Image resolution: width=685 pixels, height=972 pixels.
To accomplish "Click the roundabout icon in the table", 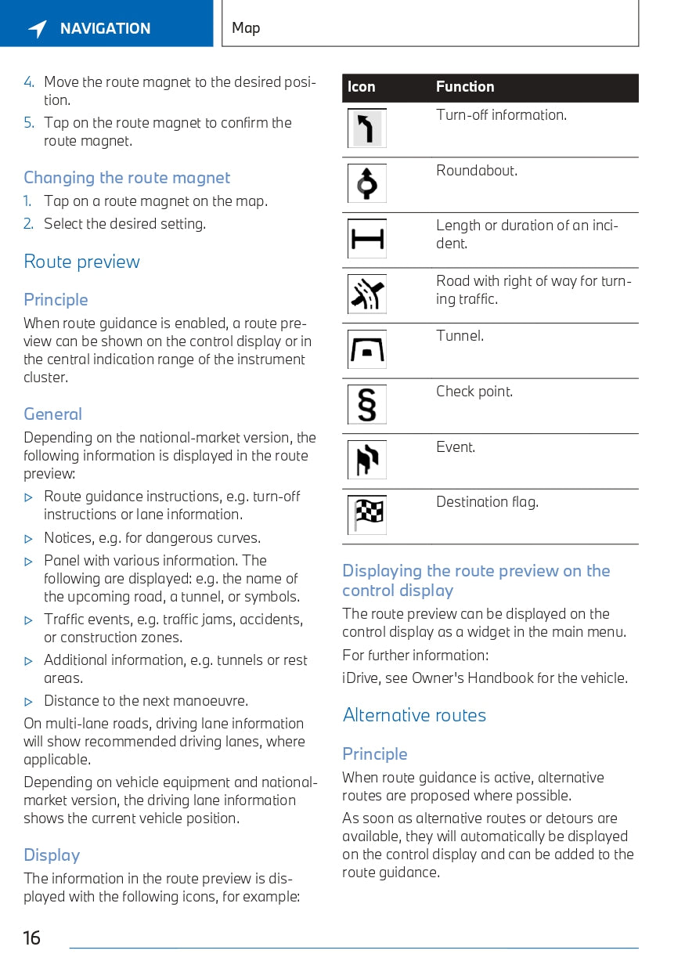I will pyautogui.click(x=367, y=184).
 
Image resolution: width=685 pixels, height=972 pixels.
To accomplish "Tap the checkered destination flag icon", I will pyautogui.click(x=367, y=515).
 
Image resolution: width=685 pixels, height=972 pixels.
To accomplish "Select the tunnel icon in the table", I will pyautogui.click(x=367, y=349).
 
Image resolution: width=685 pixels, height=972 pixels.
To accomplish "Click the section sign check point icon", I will pyautogui.click(x=367, y=405).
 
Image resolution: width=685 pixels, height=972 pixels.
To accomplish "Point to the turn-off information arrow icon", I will pyautogui.click(x=367, y=128).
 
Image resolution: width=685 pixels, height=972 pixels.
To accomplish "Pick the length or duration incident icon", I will pyautogui.click(x=367, y=239).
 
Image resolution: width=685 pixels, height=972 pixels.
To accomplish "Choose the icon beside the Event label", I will pyautogui.click(x=367, y=460).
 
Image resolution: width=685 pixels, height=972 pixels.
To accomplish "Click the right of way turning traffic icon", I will pyautogui.click(x=367, y=294).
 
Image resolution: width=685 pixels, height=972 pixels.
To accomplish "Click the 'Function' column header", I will pyautogui.click(x=465, y=87).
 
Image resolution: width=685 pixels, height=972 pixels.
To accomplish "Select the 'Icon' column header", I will pyautogui.click(x=362, y=87).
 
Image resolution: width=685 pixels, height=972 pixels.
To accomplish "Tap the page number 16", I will pyautogui.click(x=31, y=938).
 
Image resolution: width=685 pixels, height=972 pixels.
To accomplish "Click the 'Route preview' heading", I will pyautogui.click(x=81, y=262).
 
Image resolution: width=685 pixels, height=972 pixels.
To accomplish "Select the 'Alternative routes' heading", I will pyautogui.click(x=414, y=715).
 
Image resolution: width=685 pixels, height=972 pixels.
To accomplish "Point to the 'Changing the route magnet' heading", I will pyautogui.click(x=127, y=178).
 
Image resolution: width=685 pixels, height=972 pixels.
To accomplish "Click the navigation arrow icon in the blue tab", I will pyautogui.click(x=38, y=29).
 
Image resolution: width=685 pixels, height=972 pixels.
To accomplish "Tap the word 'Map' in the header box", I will pyautogui.click(x=246, y=28).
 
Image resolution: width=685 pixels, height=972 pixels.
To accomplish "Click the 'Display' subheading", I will pyautogui.click(x=52, y=855).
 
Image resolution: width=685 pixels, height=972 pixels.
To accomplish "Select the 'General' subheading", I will pyautogui.click(x=52, y=414).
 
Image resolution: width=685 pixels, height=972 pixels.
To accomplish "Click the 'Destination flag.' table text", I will pyautogui.click(x=487, y=502).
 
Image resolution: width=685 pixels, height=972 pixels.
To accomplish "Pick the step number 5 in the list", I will pyautogui.click(x=28, y=123).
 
